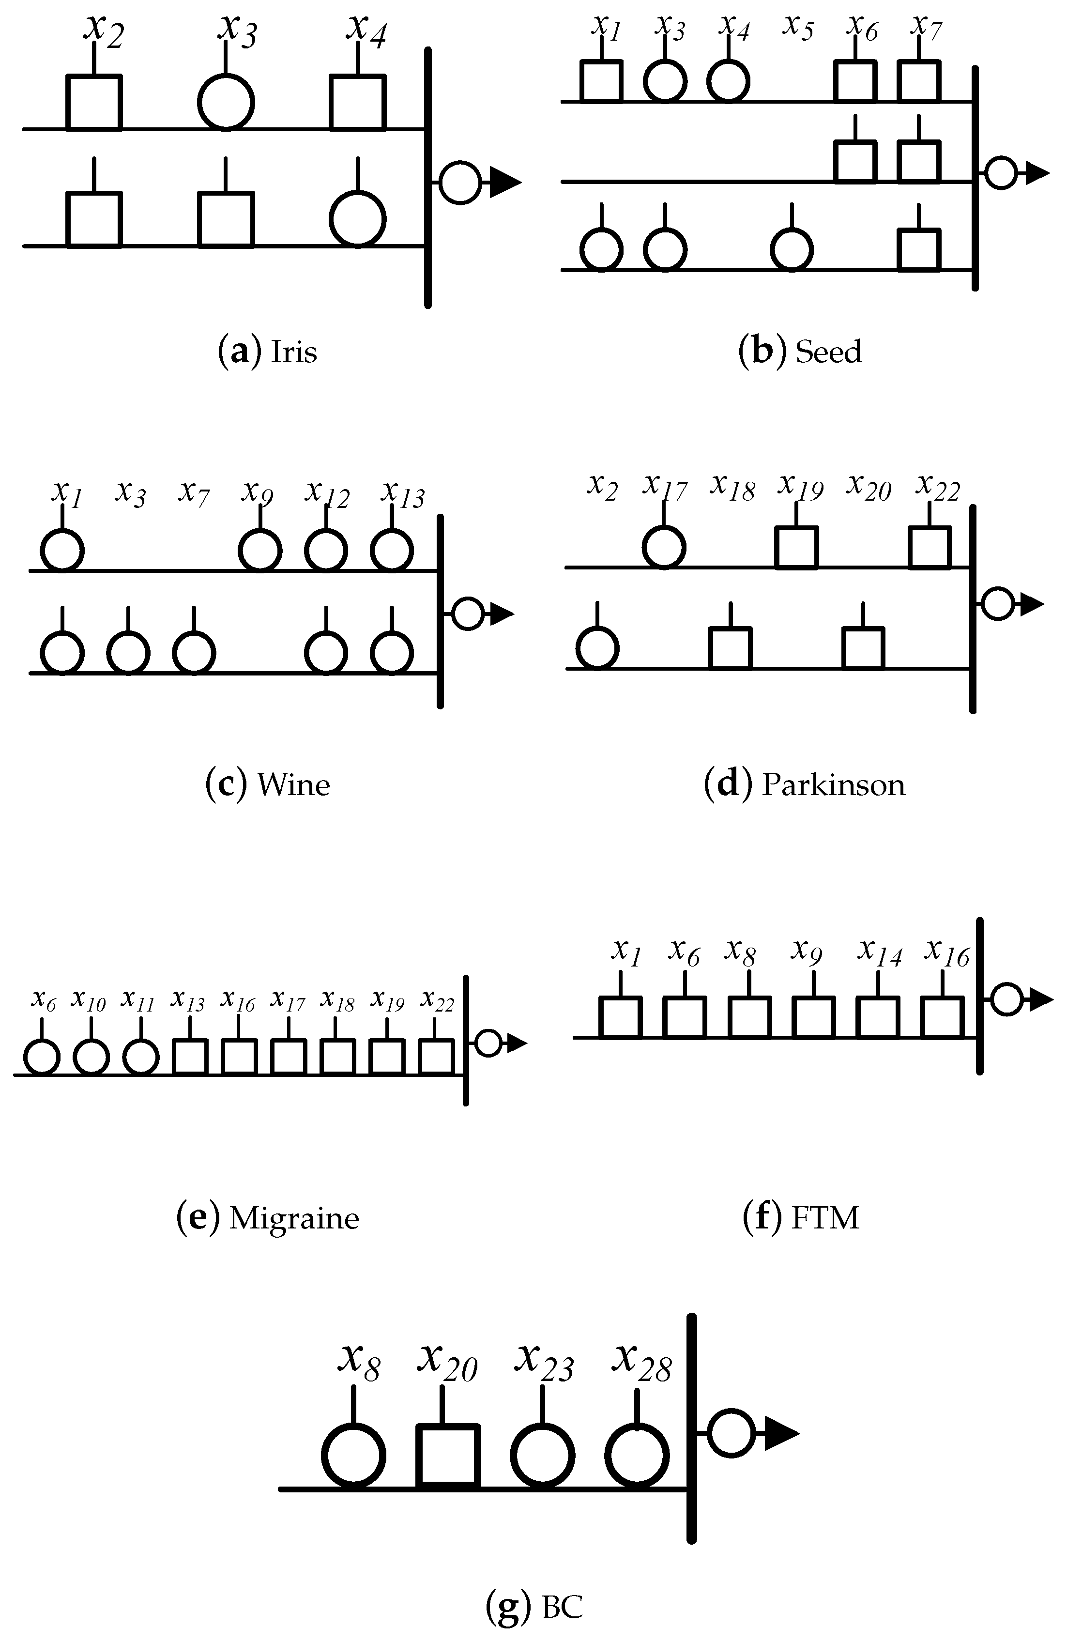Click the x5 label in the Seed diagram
798,28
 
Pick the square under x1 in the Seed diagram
601,81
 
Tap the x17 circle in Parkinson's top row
664,547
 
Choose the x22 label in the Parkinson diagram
937,487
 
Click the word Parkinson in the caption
833,785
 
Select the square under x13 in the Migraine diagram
190,1056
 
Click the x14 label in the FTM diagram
879,951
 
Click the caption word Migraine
294,1218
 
